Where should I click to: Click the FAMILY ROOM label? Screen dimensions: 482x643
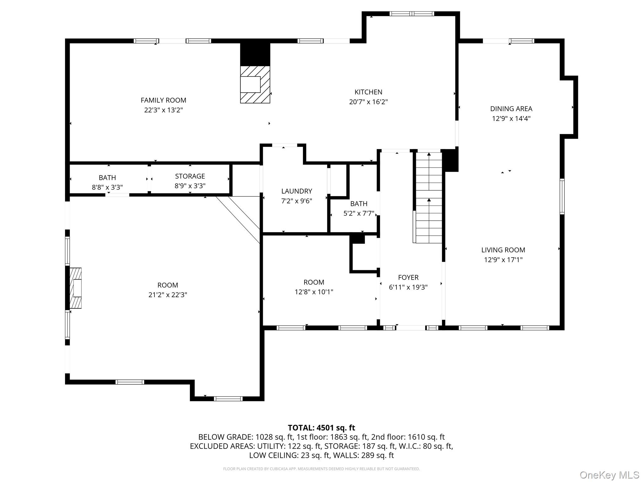pos(163,100)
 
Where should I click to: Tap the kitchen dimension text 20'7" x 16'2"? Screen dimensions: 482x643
pos(368,102)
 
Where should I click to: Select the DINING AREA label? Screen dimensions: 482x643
pos(511,109)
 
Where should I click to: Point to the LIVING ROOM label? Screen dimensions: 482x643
pos(503,250)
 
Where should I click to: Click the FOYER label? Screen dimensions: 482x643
pos(408,277)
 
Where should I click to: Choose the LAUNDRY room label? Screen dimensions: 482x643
pos(296,191)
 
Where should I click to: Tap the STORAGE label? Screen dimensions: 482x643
pos(190,176)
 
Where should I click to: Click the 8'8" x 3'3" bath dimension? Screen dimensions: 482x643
pos(107,187)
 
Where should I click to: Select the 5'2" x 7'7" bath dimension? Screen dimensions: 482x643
pos(359,213)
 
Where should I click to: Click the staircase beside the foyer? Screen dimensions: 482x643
pos(429,198)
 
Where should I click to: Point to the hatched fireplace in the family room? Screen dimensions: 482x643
pos(255,84)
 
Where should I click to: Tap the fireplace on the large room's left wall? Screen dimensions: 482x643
pos(75,288)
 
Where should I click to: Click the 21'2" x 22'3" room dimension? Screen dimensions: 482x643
pos(168,295)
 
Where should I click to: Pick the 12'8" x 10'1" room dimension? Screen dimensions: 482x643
pos(314,292)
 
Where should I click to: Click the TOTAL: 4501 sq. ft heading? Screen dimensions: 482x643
pos(321,428)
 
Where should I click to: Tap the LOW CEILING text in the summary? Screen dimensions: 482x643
pos(273,455)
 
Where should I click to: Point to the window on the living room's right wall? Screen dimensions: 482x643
pos(562,196)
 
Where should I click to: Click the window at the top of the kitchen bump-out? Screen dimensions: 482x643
pos(412,13)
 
